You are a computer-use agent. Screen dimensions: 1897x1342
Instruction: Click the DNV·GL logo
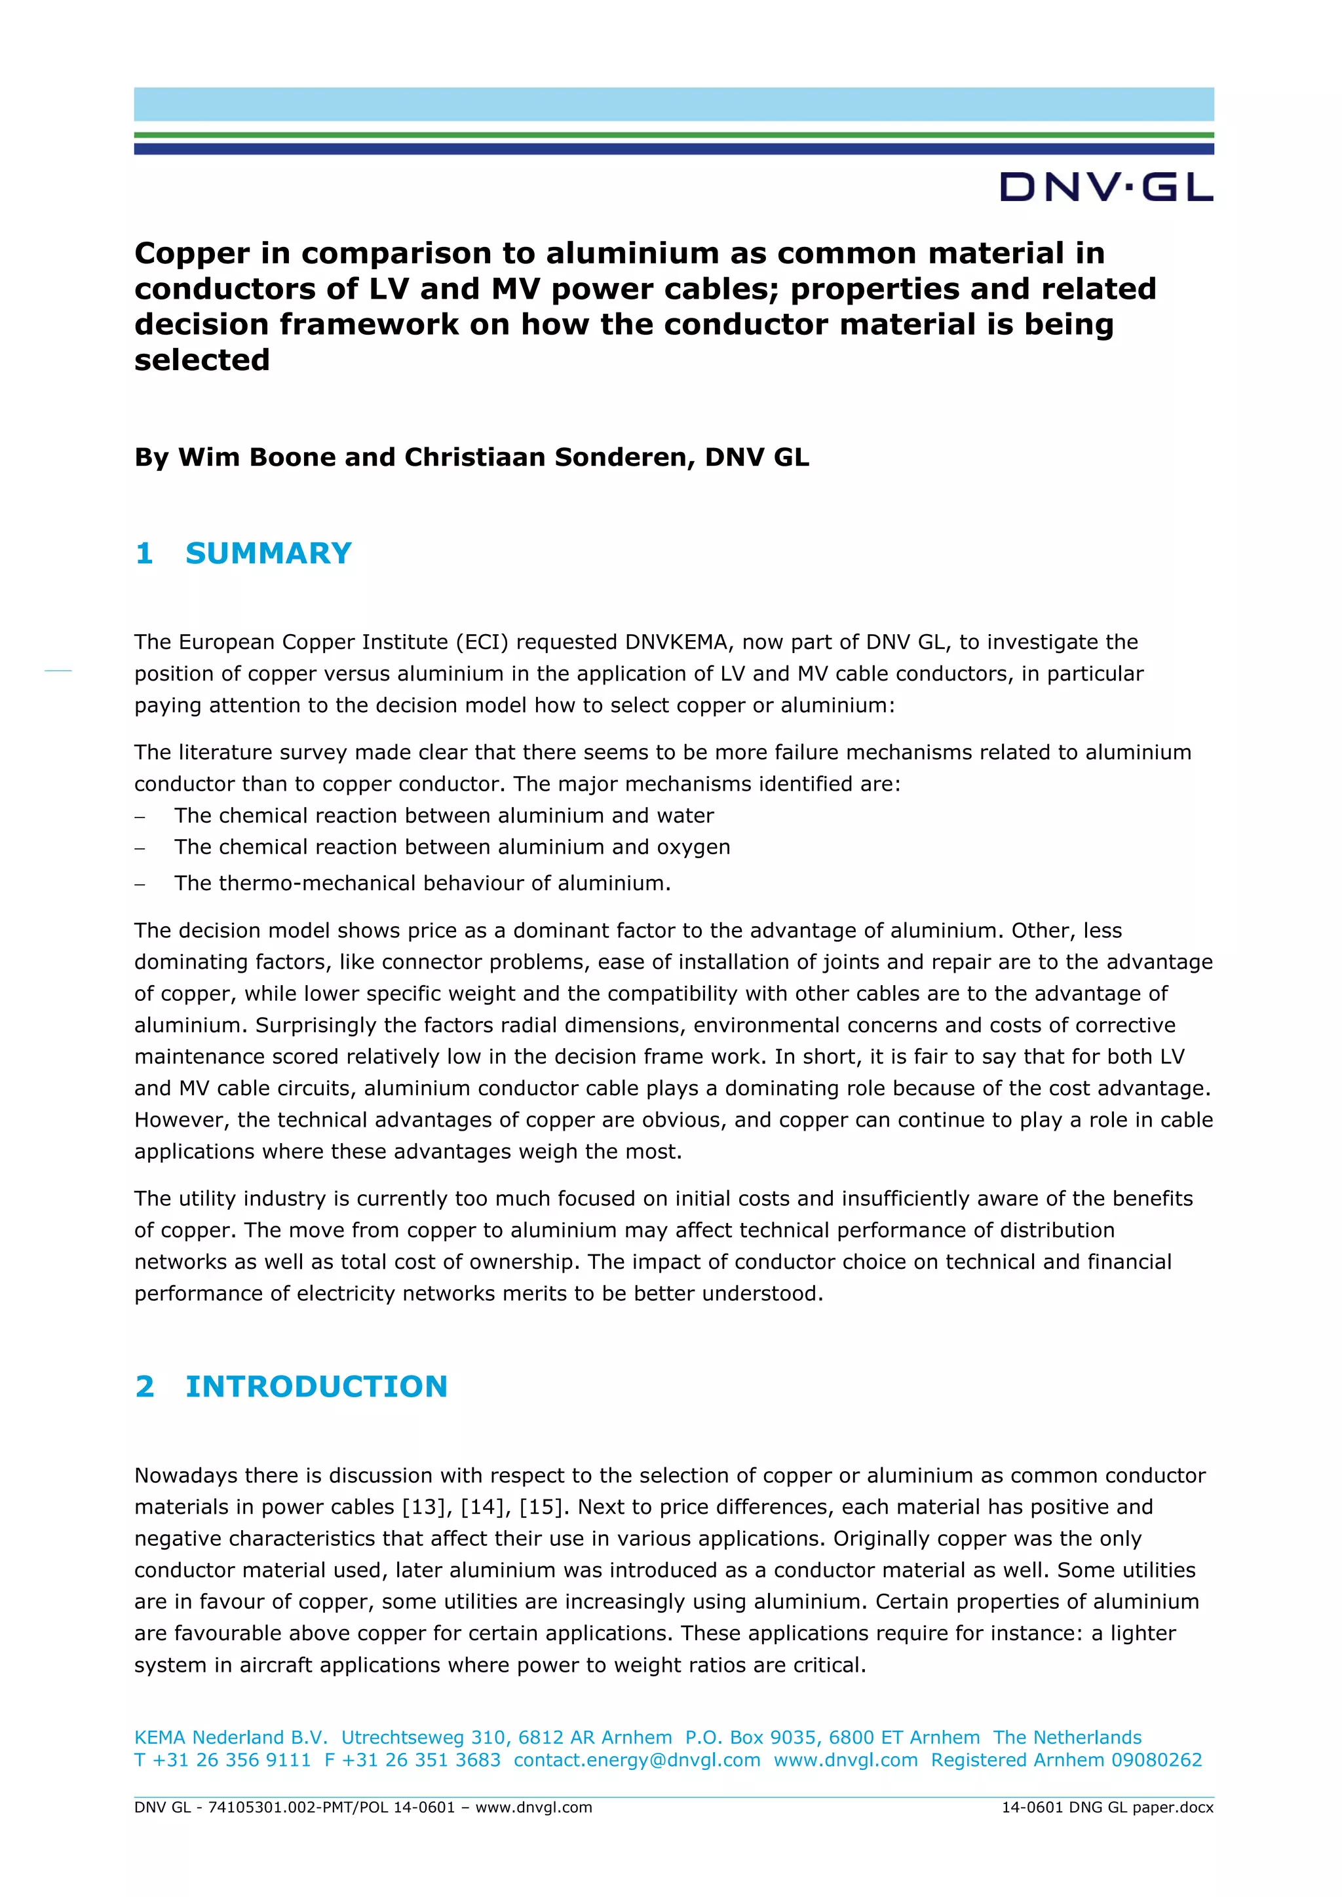[x=1107, y=187]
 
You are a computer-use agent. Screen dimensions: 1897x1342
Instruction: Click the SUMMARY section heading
[x=269, y=553]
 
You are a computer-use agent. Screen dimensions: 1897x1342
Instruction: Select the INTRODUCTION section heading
[x=316, y=1387]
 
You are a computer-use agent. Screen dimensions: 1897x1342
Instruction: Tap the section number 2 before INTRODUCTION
[x=145, y=1387]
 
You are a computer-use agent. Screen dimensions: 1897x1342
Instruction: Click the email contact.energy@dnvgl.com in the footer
[x=637, y=1760]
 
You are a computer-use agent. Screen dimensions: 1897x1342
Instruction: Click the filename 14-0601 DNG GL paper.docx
[x=1107, y=1807]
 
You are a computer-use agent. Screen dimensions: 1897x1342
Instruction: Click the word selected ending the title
[x=202, y=360]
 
